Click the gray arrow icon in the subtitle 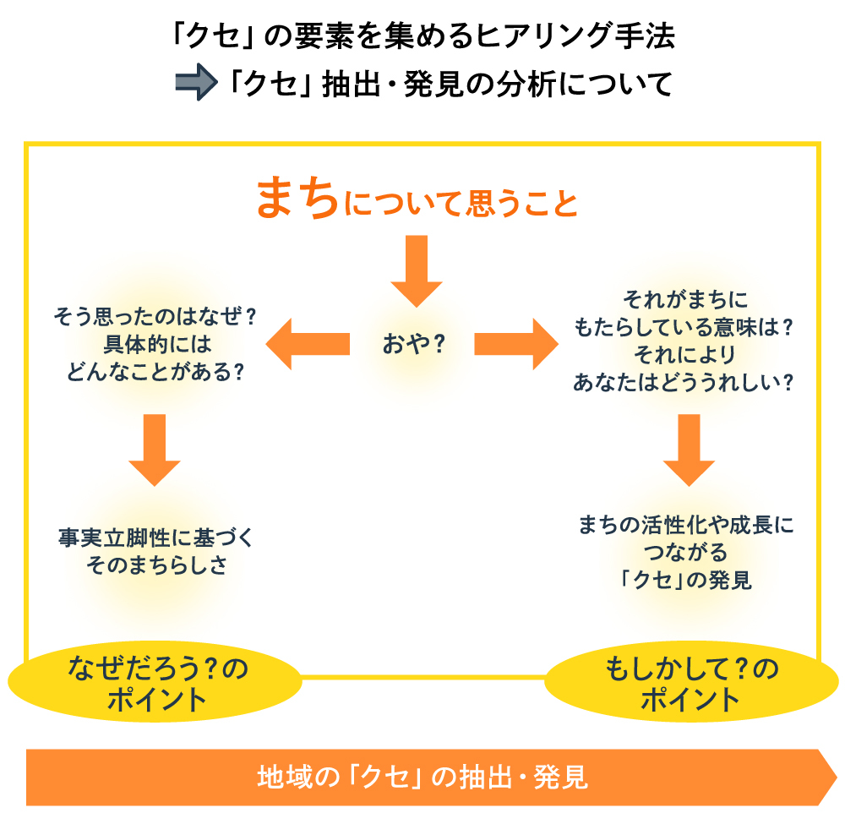tap(196, 84)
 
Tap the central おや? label tap(414, 344)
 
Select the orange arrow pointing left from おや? tap(308, 344)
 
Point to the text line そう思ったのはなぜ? tap(155, 316)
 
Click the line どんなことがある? tap(155, 371)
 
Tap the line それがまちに tap(685, 299)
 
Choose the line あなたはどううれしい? tap(685, 381)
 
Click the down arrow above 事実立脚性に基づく tap(155, 449)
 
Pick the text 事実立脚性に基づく tap(155, 537)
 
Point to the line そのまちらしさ tap(155, 565)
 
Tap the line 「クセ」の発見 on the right tap(685, 580)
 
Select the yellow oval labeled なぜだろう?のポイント tap(155, 684)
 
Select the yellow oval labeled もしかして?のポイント tap(690, 684)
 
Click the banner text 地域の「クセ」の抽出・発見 tap(422, 777)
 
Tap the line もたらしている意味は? tap(685, 326)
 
